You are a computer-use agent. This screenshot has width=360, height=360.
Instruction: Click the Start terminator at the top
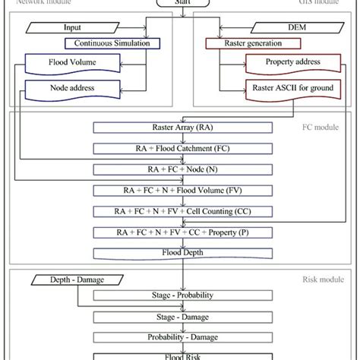[180, 4]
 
